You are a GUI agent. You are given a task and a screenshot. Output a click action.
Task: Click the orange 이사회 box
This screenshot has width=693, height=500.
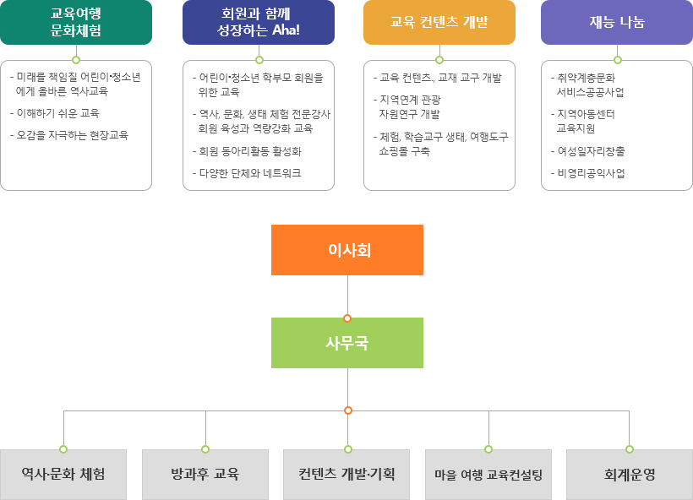pyautogui.click(x=346, y=250)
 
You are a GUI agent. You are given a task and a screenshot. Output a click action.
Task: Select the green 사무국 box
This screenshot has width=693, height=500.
pyautogui.click(x=346, y=343)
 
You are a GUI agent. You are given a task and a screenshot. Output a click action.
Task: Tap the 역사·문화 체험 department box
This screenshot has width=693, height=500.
pyautogui.click(x=63, y=474)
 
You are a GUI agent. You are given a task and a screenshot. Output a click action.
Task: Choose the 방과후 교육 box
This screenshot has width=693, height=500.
pyautogui.click(x=205, y=474)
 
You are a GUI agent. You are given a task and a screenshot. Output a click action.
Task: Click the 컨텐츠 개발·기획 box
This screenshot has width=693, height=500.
pyautogui.click(x=347, y=474)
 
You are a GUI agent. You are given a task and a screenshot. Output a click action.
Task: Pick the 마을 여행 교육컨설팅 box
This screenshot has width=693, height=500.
pyautogui.click(x=488, y=474)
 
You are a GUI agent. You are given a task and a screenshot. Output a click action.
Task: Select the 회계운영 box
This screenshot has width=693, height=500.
pyautogui.click(x=630, y=474)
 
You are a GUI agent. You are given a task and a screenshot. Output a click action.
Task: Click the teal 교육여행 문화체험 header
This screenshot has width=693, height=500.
pyautogui.click(x=76, y=23)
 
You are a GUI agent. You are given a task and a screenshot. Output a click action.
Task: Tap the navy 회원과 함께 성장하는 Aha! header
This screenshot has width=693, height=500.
pyautogui.click(x=259, y=23)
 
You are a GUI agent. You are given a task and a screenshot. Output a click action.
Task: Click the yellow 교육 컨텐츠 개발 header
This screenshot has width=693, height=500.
pyautogui.click(x=439, y=23)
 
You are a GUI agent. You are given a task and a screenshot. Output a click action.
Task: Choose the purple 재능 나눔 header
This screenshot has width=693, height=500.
pyautogui.click(x=617, y=23)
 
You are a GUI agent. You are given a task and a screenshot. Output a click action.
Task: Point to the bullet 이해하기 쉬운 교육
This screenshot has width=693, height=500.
pyautogui.click(x=56, y=112)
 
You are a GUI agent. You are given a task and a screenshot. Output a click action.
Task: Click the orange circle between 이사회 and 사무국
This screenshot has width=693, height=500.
pyautogui.click(x=347, y=318)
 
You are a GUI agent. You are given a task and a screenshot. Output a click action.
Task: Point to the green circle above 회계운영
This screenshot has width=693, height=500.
pyautogui.click(x=630, y=449)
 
